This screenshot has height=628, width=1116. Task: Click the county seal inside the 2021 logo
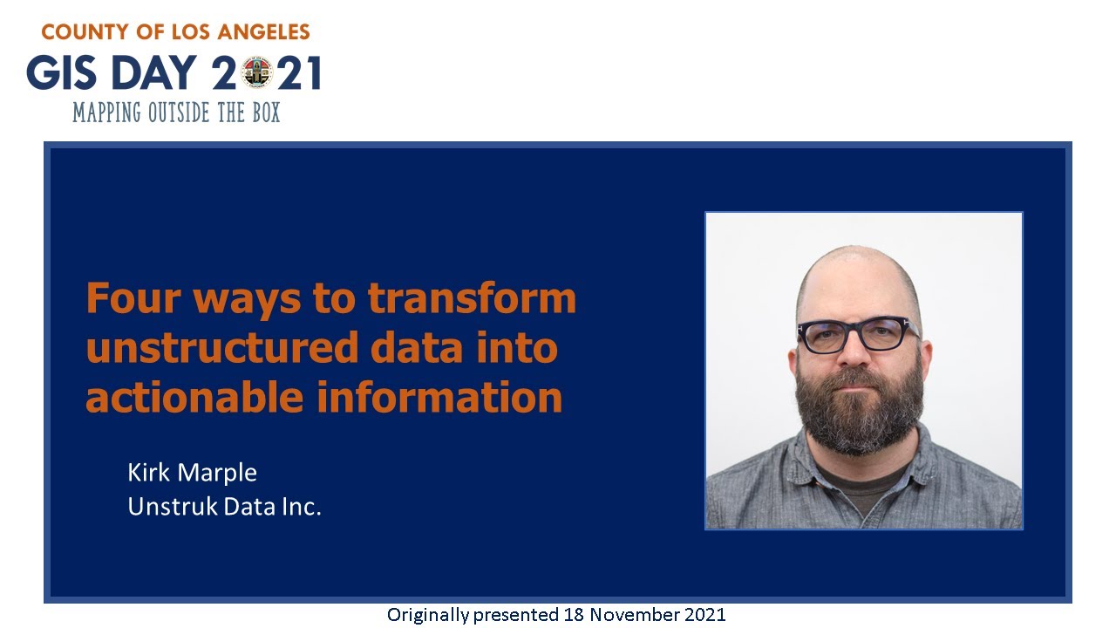point(257,73)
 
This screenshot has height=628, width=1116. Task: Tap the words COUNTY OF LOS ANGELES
point(175,33)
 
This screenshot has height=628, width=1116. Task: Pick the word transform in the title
point(472,298)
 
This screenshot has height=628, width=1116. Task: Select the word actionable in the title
point(194,397)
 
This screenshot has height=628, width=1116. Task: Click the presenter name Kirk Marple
point(192,473)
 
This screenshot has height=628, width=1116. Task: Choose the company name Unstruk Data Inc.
point(224,506)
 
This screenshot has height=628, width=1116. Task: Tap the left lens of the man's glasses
point(823,336)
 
